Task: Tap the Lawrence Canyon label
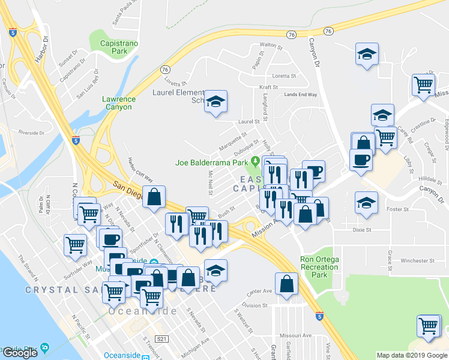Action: (x=119, y=103)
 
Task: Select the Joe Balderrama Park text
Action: (x=211, y=162)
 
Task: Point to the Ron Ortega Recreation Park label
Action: (x=323, y=267)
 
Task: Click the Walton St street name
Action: (x=271, y=45)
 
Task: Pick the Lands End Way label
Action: (x=301, y=94)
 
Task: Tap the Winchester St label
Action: (x=405, y=260)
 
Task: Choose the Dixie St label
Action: (x=362, y=229)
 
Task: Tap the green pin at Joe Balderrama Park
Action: (x=255, y=161)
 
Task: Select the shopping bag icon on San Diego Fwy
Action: (x=154, y=196)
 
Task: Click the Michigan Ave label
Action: (x=197, y=343)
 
